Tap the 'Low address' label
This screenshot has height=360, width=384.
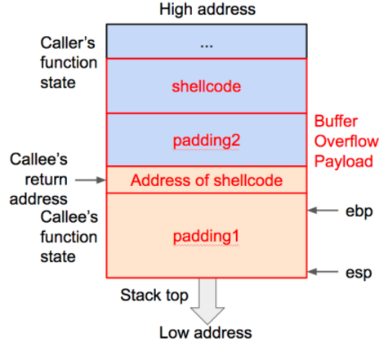click(206, 332)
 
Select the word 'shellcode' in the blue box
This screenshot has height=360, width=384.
click(206, 86)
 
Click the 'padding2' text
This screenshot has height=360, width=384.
click(206, 140)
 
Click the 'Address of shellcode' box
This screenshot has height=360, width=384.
click(206, 180)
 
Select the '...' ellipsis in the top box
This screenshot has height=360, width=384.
click(206, 45)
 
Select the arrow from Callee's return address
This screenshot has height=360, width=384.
click(87, 180)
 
